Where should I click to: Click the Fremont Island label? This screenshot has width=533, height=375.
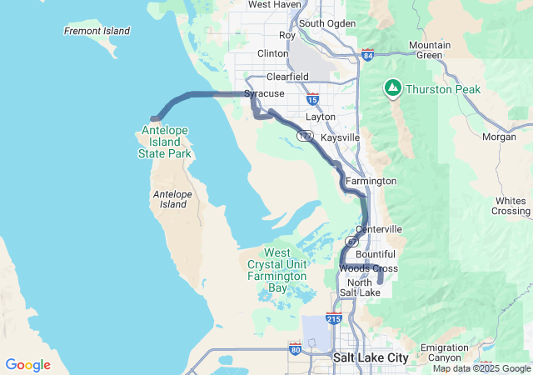pos(97,31)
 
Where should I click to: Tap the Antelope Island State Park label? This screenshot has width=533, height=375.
pos(167,142)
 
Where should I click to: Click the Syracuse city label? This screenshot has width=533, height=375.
pos(264,94)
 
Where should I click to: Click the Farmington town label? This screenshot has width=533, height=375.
pos(371,181)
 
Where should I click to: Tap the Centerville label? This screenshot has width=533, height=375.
pos(378,228)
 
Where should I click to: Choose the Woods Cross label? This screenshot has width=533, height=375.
pos(369,268)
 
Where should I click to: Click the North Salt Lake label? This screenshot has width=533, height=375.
pos(361,287)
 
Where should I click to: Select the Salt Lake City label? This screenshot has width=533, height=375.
pos(371,357)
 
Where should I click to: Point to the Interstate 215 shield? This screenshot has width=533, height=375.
pos(333,318)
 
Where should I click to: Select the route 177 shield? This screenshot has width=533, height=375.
pos(307,135)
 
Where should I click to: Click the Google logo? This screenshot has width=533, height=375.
pos(27,365)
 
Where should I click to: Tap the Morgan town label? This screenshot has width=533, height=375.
pos(499,136)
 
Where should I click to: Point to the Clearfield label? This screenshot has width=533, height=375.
pos(287,76)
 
